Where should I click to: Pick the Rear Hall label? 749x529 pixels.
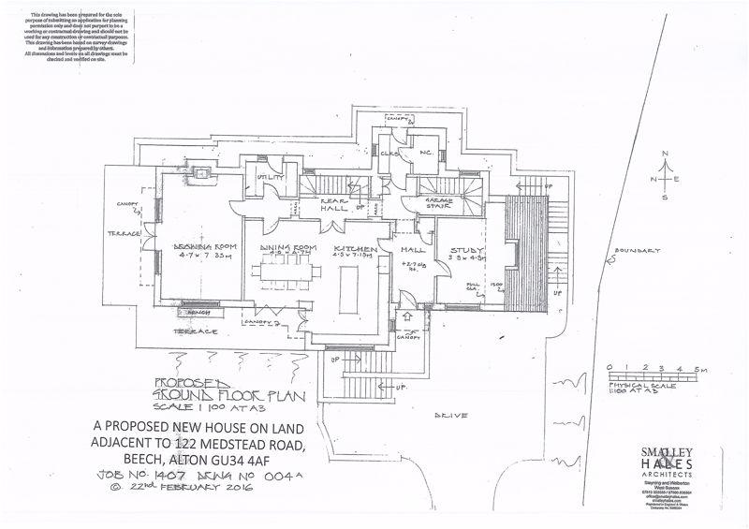[x=334, y=204]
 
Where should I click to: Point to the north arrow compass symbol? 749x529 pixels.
[x=663, y=179]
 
